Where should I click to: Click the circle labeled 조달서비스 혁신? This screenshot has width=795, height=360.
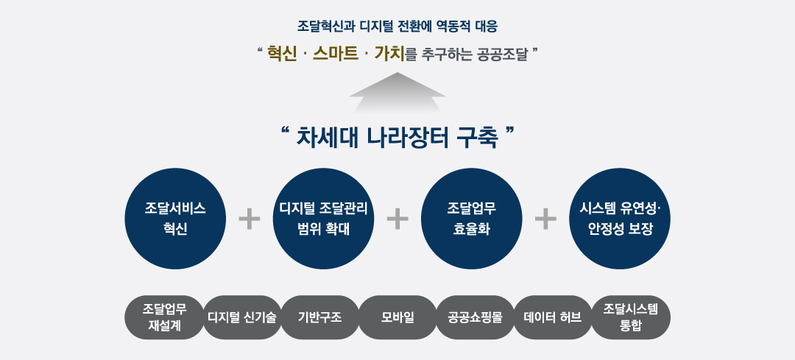tap(175, 219)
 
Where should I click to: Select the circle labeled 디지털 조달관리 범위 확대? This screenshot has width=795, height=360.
tap(323, 219)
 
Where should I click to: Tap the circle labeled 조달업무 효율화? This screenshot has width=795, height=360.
tap(472, 219)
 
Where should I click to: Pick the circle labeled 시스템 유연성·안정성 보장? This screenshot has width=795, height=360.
tap(620, 219)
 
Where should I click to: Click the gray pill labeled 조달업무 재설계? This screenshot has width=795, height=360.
tap(163, 317)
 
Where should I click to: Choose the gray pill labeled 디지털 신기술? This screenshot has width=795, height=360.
tap(242, 317)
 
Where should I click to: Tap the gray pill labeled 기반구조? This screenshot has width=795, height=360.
tap(320, 317)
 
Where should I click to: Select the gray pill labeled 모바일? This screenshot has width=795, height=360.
tap(397, 317)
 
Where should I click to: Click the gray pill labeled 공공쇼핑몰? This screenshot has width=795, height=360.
tap(476, 317)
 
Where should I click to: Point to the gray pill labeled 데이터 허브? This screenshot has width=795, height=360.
tap(553, 317)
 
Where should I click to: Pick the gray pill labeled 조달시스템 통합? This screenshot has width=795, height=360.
tap(632, 317)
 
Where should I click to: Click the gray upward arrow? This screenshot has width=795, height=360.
tap(397, 92)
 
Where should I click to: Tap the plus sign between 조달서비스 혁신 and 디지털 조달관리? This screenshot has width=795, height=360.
tap(250, 219)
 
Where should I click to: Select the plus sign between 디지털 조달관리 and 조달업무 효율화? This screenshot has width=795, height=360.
tap(397, 219)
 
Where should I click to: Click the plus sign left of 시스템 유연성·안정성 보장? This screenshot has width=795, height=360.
tap(545, 219)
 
